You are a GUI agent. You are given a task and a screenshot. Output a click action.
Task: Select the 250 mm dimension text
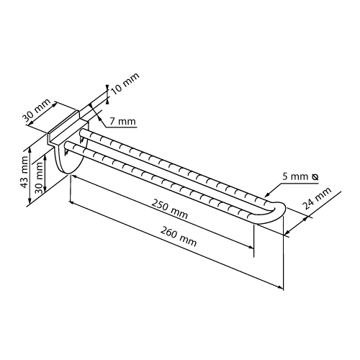[x=169, y=209]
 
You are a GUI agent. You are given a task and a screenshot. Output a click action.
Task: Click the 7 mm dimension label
[x=122, y=122]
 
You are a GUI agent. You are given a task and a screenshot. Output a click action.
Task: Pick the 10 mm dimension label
[x=125, y=84]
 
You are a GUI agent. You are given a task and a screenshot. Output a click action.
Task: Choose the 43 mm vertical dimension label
[x=24, y=171]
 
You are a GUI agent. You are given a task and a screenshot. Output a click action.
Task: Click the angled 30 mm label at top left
[x=37, y=110]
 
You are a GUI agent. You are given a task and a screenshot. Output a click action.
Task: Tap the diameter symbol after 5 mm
[x=315, y=177]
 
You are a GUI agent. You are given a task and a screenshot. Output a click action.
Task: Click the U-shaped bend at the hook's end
[x=276, y=212]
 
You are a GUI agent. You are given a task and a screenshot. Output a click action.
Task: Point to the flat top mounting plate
[x=63, y=127]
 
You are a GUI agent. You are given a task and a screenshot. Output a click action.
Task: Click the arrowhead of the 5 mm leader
[x=267, y=195]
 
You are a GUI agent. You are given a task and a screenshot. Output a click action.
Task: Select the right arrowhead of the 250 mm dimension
[x=251, y=247]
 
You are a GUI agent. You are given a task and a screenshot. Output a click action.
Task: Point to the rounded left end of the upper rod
[x=83, y=132]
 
